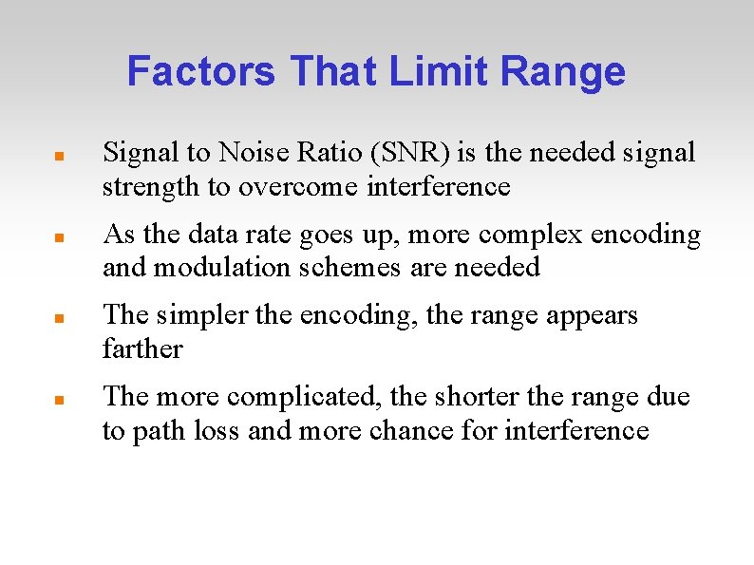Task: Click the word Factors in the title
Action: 201,71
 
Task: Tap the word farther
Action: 142,349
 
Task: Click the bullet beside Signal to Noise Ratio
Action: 58,154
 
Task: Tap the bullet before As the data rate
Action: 58,235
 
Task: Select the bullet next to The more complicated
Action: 58,399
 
